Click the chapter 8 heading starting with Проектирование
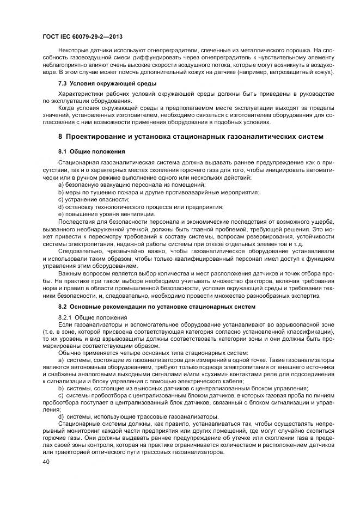pos(191,136)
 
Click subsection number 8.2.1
pos(65,316)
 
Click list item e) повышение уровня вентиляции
pos(102,214)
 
